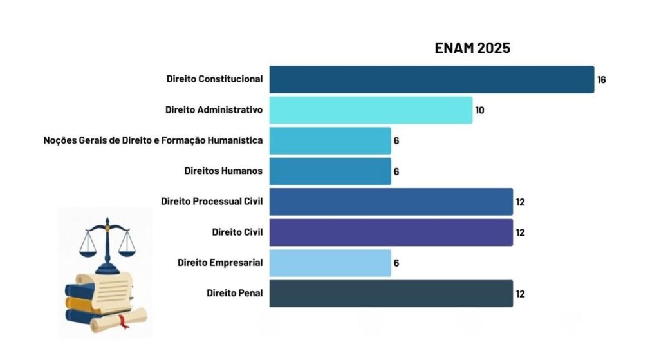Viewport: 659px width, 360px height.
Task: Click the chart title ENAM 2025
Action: pos(472,48)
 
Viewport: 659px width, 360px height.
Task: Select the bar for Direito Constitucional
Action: pos(431,79)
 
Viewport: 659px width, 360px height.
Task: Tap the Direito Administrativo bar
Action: pos(371,110)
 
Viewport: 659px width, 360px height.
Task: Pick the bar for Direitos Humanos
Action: pos(330,171)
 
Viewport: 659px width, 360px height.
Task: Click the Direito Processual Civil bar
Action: pos(391,202)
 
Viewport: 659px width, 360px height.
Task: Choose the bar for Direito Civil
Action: pos(391,232)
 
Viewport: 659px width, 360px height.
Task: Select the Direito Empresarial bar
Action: pos(330,263)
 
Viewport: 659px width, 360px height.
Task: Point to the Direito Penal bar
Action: pos(391,293)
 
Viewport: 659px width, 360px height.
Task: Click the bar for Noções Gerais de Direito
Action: pos(330,140)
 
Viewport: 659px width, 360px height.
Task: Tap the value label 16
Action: pos(602,80)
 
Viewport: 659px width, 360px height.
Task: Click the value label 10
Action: pos(479,110)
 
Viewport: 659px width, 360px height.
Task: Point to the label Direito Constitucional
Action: pos(214,79)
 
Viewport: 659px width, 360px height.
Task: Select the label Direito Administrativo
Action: pos(214,110)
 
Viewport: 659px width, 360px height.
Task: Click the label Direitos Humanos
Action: pos(223,171)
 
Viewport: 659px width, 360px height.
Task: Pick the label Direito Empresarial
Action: pos(220,263)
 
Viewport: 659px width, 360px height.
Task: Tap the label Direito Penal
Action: pos(235,293)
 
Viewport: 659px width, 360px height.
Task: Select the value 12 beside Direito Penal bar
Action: pos(520,294)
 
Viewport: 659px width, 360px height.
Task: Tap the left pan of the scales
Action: pos(89,248)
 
